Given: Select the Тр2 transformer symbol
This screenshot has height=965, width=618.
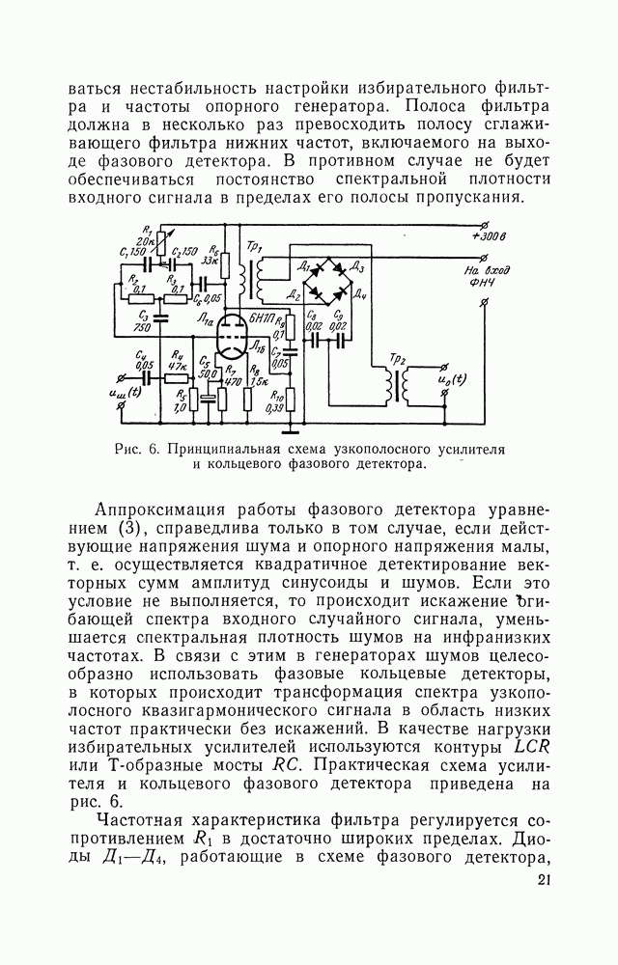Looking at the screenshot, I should (396, 382).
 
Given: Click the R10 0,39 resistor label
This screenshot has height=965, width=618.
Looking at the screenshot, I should (276, 402).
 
